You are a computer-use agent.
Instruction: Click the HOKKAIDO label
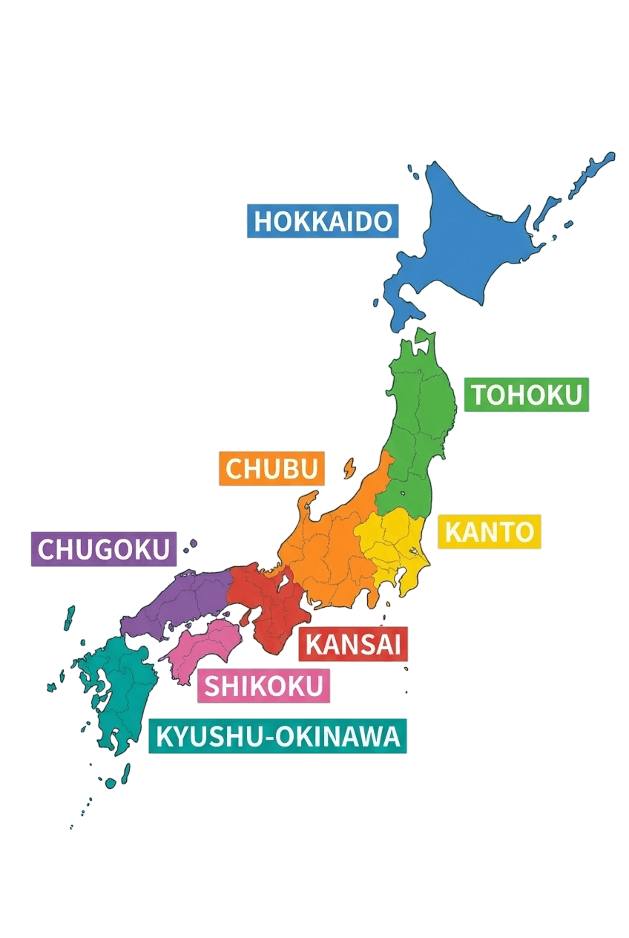click(x=322, y=220)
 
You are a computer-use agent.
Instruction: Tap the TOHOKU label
click(x=526, y=395)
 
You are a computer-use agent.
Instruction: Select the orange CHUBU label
click(x=271, y=468)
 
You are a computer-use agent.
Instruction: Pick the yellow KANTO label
click(x=489, y=531)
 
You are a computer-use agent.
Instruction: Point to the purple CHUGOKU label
click(x=104, y=548)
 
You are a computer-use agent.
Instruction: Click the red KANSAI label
click(x=353, y=644)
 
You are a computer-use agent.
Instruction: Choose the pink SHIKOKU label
click(x=263, y=686)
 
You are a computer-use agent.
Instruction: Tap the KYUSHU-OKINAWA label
click(x=277, y=736)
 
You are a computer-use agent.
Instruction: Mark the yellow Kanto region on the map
click(x=389, y=545)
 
